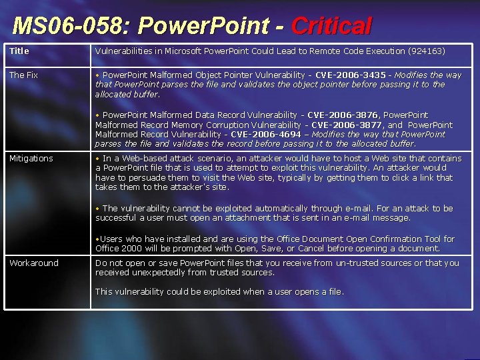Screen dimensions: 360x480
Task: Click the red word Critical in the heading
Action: pos(331,26)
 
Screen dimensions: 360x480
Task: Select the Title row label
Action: pos(19,51)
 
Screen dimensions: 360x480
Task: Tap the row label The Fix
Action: pos(23,75)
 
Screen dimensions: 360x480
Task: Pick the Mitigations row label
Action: pos(31,159)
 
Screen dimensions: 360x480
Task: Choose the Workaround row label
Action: pos(33,263)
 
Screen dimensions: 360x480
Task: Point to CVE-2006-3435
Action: pos(350,75)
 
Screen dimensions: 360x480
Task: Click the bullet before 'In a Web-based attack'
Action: pos(97,159)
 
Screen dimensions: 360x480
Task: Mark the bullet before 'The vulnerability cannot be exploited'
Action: pos(97,209)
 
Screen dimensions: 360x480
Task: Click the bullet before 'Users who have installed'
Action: pos(97,239)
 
